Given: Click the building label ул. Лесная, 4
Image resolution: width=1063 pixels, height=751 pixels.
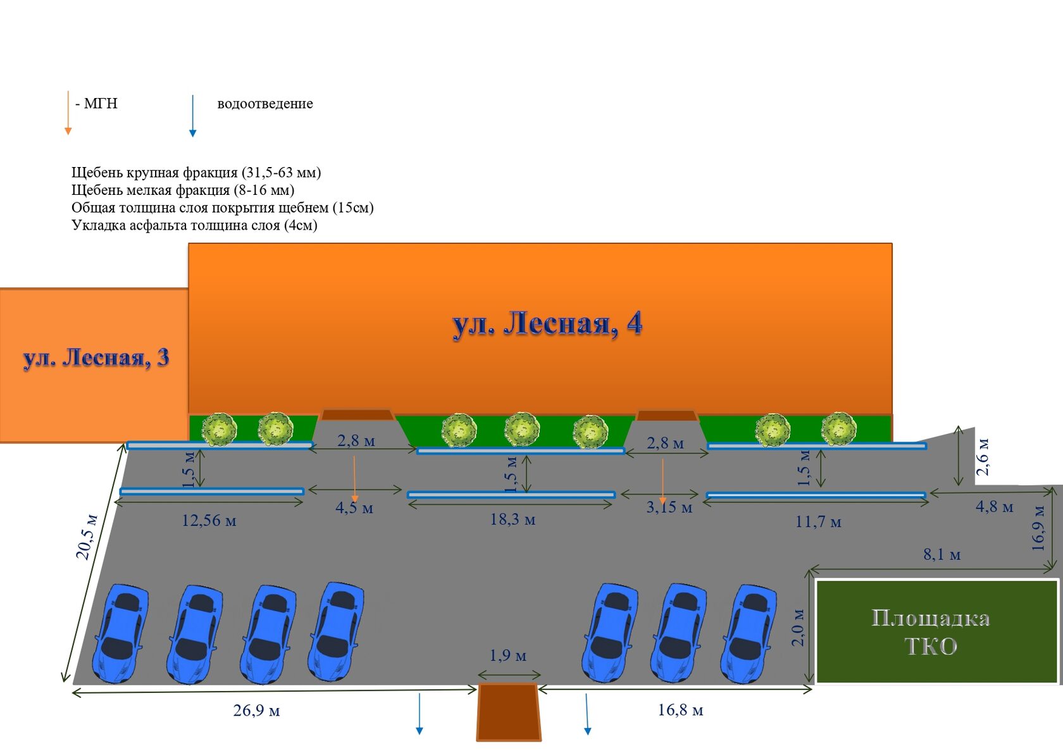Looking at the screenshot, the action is point(547,325).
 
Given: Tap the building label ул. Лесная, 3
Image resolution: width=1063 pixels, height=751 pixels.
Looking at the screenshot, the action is point(96,357).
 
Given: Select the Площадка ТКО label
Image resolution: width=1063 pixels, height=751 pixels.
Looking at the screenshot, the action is point(931,632).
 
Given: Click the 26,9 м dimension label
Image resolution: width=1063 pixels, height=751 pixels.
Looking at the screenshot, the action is point(256,711).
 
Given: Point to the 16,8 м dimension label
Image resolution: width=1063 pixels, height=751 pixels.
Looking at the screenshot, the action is point(680,710).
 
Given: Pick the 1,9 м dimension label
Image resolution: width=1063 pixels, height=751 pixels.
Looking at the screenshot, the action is point(507,655).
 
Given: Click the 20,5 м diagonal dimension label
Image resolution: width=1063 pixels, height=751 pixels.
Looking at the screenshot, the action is point(87,537).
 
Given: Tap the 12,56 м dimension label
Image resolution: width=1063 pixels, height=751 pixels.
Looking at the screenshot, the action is point(209,521).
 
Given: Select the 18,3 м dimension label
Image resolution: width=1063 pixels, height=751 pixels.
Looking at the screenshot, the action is point(513,519).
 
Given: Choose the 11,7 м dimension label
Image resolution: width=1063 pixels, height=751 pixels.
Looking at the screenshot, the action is point(818,522).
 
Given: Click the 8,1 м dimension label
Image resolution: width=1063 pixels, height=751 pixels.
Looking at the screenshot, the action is point(942,554).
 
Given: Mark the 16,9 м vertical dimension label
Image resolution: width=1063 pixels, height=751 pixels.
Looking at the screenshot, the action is point(1038,528).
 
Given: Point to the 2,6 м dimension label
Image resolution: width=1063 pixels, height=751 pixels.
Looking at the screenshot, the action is point(982,457).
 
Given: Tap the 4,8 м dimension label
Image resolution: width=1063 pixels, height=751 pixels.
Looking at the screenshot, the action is point(994,507).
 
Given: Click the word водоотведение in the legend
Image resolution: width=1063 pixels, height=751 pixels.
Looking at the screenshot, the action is point(264,103).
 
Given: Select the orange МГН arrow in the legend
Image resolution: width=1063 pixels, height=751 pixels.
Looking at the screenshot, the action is point(68,113).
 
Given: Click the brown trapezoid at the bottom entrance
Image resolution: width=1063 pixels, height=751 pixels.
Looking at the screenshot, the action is point(509,712).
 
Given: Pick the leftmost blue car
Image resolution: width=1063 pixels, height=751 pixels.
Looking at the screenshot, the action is point(120,633).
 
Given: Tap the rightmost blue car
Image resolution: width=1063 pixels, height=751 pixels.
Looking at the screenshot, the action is point(749,634).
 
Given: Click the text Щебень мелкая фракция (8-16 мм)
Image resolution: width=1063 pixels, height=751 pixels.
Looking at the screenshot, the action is point(183,190).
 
